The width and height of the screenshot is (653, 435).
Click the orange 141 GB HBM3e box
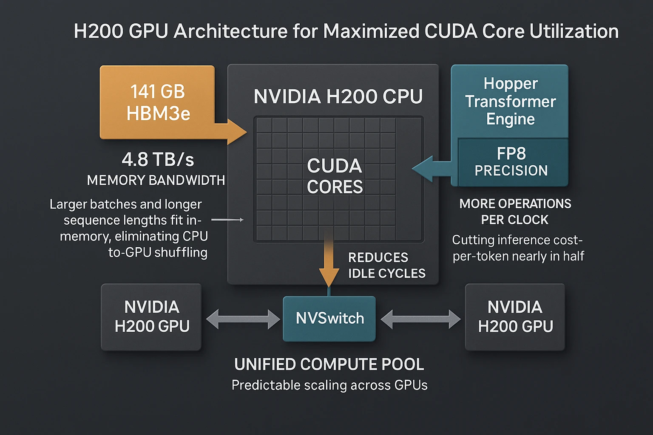click(157, 102)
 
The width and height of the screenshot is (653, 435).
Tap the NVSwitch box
click(329, 319)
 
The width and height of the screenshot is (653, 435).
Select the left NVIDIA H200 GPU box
click(151, 317)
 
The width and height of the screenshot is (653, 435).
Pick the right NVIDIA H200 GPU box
click(515, 317)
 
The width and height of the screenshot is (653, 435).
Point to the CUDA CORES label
click(335, 176)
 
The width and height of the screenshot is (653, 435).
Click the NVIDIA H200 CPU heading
click(338, 96)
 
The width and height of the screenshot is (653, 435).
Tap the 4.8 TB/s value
click(158, 160)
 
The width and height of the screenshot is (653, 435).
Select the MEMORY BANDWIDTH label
click(156, 181)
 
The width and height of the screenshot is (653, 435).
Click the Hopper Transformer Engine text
click(510, 102)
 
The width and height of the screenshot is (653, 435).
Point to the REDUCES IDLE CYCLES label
click(386, 266)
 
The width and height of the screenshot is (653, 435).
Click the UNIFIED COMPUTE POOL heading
click(329, 364)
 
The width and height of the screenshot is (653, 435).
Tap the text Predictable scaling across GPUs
click(329, 385)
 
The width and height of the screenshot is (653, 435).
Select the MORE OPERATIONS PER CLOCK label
click(515, 212)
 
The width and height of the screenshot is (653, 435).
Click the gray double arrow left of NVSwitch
click(243, 319)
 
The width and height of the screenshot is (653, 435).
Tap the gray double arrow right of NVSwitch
click(420, 319)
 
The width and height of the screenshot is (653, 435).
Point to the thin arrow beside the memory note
click(227, 220)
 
